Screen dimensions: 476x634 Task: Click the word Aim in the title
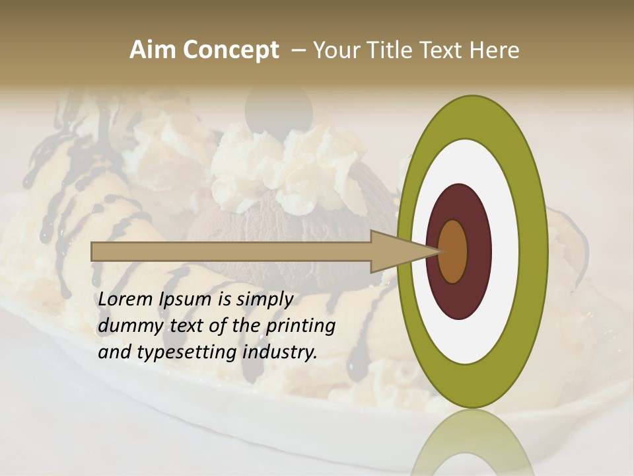152,50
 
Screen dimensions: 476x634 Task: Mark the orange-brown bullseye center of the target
453,251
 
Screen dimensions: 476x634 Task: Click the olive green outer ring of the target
532,251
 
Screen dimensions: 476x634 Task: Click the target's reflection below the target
472,443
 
